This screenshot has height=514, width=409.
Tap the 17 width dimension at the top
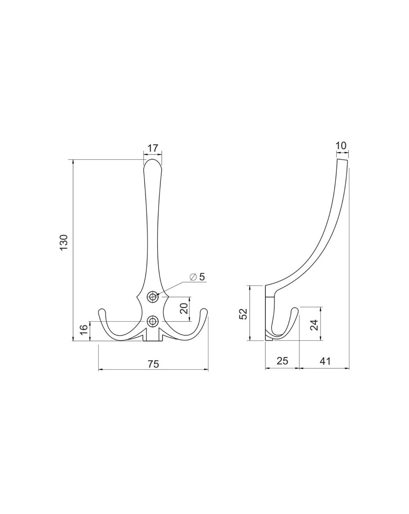(153, 148)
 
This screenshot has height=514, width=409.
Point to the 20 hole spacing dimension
(184, 308)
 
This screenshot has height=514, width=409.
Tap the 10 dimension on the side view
(341, 145)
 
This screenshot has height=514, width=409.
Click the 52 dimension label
(244, 313)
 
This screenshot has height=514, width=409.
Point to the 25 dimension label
(282, 361)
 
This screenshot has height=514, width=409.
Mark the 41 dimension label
(324, 361)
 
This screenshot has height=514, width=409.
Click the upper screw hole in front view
(153, 297)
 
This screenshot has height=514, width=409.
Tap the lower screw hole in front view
(153, 321)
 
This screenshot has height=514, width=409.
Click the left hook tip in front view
(102, 312)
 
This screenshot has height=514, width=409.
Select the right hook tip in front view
(204, 312)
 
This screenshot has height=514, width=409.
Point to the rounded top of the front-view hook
(153, 162)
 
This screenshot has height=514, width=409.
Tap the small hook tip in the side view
(296, 310)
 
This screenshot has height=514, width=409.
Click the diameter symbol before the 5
(193, 276)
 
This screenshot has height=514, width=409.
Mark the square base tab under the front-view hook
(153, 337)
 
